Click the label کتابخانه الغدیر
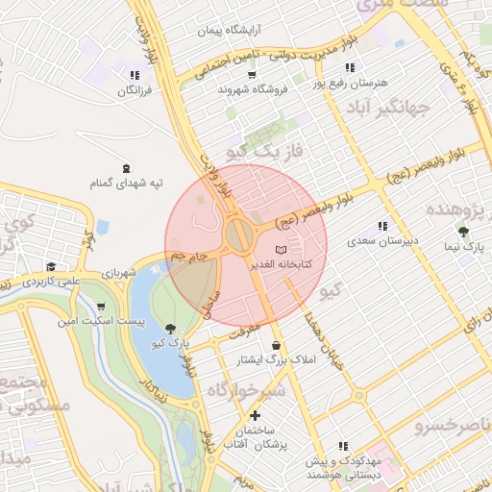tap(278, 263)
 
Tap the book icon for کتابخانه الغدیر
tap(281, 250)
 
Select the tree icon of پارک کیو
tap(171, 329)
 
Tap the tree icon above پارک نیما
tap(463, 232)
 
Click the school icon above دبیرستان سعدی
tap(383, 226)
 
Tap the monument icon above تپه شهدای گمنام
tap(127, 167)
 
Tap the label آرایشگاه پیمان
tap(230, 31)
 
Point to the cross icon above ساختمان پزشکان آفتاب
tap(255, 416)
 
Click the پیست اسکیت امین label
tap(102, 321)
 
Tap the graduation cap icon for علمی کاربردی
tap(50, 267)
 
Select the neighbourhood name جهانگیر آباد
tap(415, 106)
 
